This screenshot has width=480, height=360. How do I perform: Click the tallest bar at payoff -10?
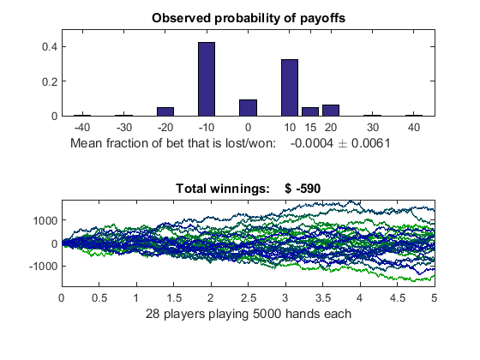[207, 79]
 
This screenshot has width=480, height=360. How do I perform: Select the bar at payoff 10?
[290, 87]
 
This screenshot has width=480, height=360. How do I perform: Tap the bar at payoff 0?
[248, 108]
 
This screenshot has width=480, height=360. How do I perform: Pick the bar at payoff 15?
[310, 111]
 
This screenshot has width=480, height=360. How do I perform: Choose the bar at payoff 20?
[331, 111]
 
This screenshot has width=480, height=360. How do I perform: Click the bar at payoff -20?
[165, 111]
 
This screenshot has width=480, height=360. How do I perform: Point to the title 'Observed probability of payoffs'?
[249, 18]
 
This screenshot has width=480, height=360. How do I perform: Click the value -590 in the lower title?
[309, 189]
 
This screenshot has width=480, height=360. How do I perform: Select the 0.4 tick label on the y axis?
[50, 47]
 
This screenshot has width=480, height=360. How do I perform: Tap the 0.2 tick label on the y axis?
[50, 81]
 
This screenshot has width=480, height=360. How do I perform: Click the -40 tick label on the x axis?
[82, 128]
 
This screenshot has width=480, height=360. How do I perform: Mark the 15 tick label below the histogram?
[310, 128]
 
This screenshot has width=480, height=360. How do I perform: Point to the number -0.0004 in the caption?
[312, 143]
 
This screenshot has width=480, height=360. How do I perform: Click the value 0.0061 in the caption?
[370, 143]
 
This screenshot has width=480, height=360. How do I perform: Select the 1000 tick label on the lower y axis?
[45, 220]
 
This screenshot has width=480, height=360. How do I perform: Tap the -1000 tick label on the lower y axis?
[43, 266]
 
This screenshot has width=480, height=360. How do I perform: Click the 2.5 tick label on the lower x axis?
[248, 298]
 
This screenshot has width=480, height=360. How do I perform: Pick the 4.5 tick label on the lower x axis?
[397, 298]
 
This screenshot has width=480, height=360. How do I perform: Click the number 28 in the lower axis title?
[153, 314]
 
